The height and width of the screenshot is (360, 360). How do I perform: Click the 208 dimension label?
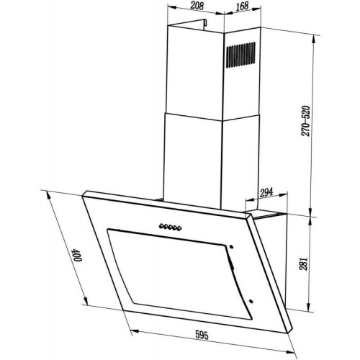(x=197, y=6)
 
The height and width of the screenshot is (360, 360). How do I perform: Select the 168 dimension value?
(x=242, y=6)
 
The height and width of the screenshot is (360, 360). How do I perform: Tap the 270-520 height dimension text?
(x=306, y=121)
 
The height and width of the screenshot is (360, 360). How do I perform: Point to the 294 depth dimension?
(x=266, y=192)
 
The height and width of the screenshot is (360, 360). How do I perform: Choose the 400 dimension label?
(x=78, y=255)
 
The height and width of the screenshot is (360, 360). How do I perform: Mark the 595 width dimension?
(x=202, y=335)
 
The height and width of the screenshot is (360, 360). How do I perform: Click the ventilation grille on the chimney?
(x=240, y=55)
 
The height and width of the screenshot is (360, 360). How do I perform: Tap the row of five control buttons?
(x=170, y=227)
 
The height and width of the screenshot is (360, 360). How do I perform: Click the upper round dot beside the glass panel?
(x=231, y=247)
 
